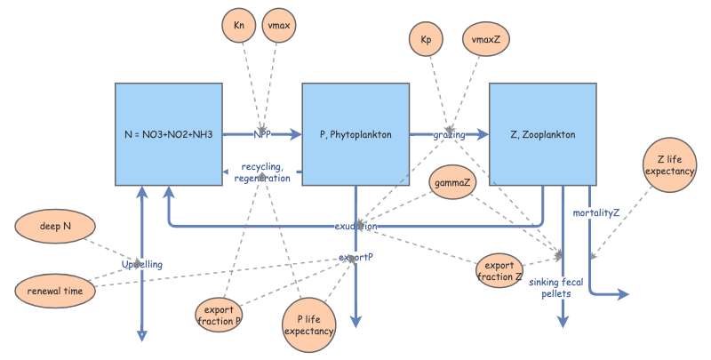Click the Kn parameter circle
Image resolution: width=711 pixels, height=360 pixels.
239,26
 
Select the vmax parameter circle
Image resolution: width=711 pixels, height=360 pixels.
283,26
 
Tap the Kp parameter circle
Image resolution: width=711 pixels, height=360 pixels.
426,41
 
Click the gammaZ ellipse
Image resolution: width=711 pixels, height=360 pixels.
453,182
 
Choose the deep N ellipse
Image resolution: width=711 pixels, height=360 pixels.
55,227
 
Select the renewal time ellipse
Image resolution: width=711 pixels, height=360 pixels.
55,289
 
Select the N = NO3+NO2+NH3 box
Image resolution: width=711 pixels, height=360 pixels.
169,135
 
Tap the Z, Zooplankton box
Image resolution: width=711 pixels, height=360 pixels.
542,135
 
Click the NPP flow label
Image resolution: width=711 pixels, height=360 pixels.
262,135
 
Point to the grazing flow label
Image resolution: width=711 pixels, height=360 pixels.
449,135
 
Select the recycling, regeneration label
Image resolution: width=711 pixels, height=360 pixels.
262,172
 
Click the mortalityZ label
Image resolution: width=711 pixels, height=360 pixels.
596,212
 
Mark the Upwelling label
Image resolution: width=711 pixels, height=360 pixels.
143,265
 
